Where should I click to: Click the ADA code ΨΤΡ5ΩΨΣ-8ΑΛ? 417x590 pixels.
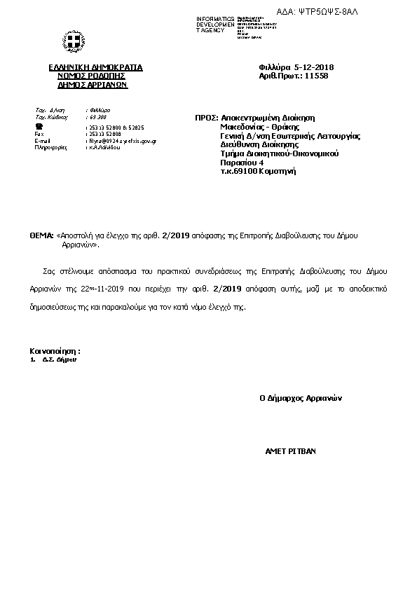coord(375,12)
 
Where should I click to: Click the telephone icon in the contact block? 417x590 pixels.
coord(39,127)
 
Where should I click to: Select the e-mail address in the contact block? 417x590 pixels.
coord(121,141)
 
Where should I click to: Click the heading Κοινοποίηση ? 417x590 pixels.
coord(55,350)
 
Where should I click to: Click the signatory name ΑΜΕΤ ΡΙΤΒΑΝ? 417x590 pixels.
coord(290,451)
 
